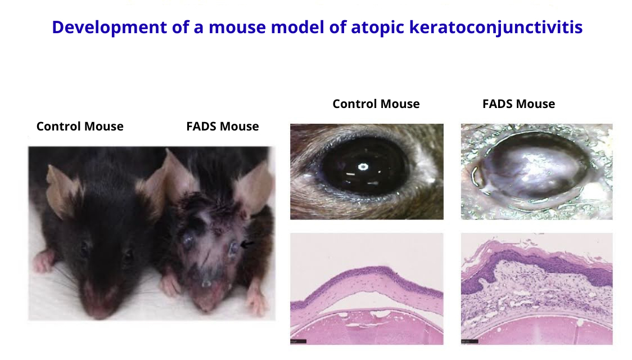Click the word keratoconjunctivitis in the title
tap(496, 28)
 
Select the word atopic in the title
tap(378, 28)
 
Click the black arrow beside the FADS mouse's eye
tap(247, 244)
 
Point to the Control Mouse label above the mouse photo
tap(80, 126)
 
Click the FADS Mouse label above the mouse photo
tap(223, 126)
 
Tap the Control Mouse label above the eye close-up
tap(376, 103)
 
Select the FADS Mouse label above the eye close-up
tap(519, 103)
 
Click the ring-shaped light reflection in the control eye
tap(363, 167)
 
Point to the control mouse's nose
tap(100, 310)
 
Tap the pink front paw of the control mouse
tap(43, 261)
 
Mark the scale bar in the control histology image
tap(298, 341)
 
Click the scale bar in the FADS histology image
tap(470, 341)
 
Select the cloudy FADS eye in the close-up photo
tap(533, 170)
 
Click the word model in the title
tap(297, 28)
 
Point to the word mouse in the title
tap(237, 28)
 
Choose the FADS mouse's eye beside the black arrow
tap(233, 247)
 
